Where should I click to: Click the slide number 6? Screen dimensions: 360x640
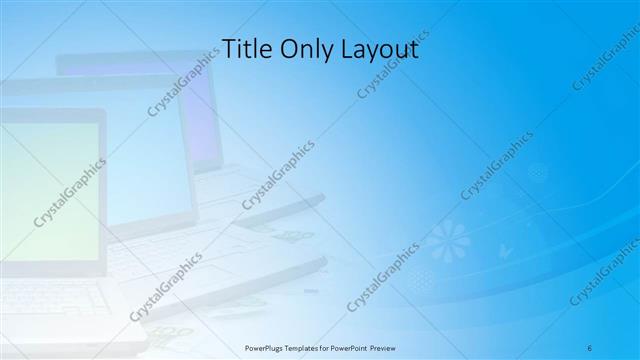[x=590, y=347]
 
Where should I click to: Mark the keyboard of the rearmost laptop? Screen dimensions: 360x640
[x=240, y=195]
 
